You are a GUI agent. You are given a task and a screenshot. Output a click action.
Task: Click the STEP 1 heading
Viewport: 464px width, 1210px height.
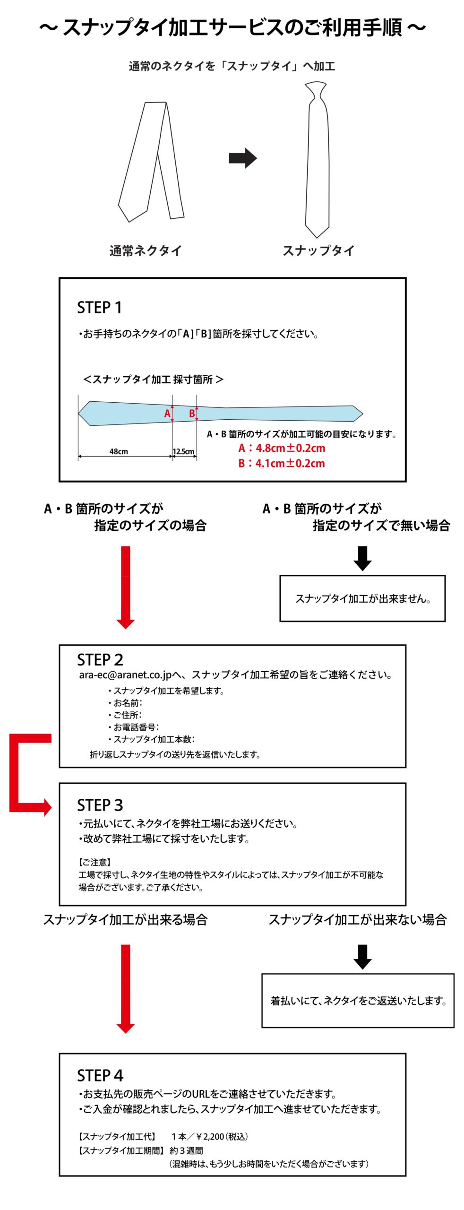pos(99,307)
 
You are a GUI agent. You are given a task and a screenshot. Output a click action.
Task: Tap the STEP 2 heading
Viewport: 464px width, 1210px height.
pos(100,659)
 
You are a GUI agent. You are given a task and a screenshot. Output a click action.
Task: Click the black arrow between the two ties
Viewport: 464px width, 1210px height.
pos(242,158)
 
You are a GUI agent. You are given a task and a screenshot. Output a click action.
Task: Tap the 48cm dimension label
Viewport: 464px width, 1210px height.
pos(119,451)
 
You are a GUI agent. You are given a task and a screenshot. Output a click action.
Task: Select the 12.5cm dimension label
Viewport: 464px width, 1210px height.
pos(183,451)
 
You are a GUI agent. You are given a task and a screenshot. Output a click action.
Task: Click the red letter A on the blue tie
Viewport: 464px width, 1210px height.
pos(167,414)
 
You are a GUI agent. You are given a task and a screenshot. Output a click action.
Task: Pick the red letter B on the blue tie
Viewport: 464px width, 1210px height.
pos(192,414)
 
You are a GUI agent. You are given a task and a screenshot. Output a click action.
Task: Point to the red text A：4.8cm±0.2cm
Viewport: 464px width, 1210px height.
pos(282,448)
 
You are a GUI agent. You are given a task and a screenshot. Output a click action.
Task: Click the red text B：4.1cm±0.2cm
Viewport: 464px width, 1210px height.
pos(282,463)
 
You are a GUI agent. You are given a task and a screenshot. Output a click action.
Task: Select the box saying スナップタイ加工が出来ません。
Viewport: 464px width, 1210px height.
pos(362,598)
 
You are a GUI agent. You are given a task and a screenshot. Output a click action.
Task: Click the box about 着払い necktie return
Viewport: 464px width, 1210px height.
pos(357,1001)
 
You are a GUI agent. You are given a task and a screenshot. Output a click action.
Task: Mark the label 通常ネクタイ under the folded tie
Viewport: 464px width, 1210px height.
pos(146,251)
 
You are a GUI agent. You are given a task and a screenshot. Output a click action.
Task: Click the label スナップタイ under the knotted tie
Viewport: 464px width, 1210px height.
pos(318,251)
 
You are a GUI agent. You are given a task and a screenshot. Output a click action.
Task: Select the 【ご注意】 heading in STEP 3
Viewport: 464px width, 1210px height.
pos(95,862)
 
